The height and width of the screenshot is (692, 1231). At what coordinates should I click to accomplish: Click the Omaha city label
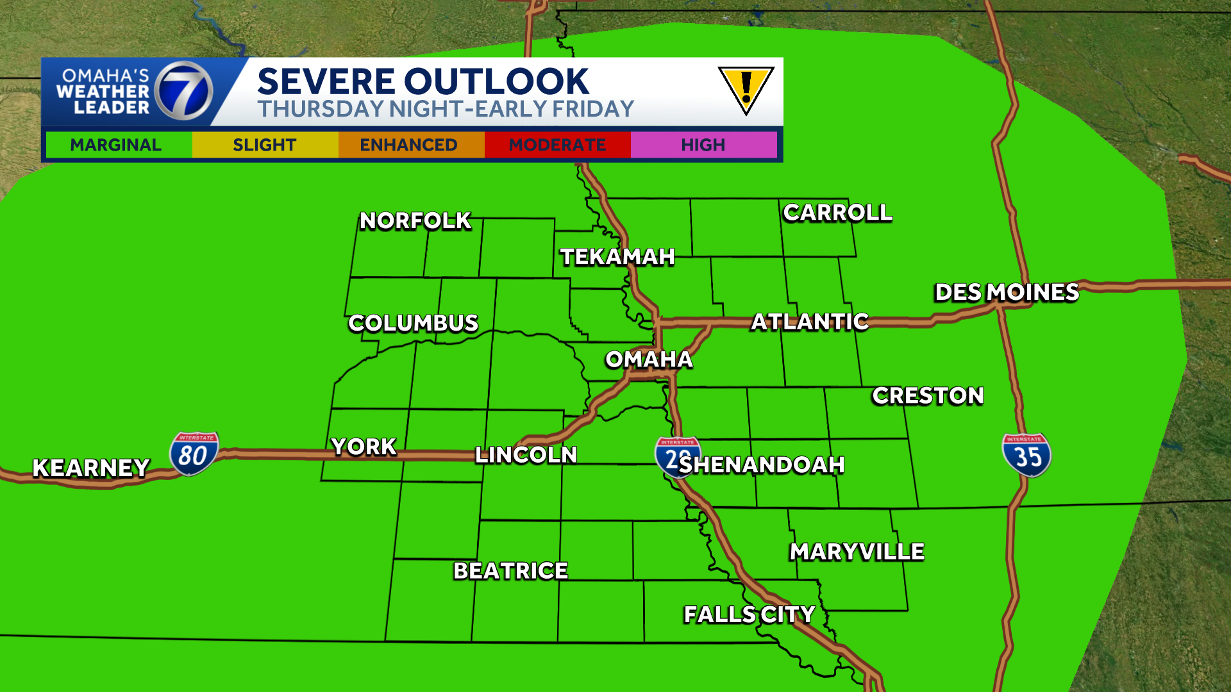(649, 359)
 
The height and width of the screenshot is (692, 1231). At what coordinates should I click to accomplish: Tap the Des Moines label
(1007, 292)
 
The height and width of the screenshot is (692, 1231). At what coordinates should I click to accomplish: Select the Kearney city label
(91, 468)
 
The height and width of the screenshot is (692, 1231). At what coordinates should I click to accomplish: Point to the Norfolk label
(415, 220)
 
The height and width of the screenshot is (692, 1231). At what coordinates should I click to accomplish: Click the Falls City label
(749, 614)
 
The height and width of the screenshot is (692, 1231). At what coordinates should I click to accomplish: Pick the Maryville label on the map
(857, 552)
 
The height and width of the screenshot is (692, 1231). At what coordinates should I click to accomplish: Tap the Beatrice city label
(510, 571)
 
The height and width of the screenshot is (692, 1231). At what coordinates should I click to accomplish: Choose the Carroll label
(837, 212)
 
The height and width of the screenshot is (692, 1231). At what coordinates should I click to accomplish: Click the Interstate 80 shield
(194, 454)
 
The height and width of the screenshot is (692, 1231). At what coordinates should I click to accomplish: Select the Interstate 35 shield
(1026, 455)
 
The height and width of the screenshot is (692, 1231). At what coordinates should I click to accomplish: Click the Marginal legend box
(116, 145)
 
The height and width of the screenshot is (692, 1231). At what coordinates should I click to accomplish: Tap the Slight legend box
(264, 145)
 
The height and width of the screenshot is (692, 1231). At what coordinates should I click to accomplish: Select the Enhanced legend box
(409, 145)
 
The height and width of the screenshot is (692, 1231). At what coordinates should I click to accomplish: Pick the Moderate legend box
(557, 145)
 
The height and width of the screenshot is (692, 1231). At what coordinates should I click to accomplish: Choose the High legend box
(703, 145)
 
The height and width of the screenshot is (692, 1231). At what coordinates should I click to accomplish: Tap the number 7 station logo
(184, 92)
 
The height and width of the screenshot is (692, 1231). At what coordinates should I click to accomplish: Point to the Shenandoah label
(762, 465)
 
